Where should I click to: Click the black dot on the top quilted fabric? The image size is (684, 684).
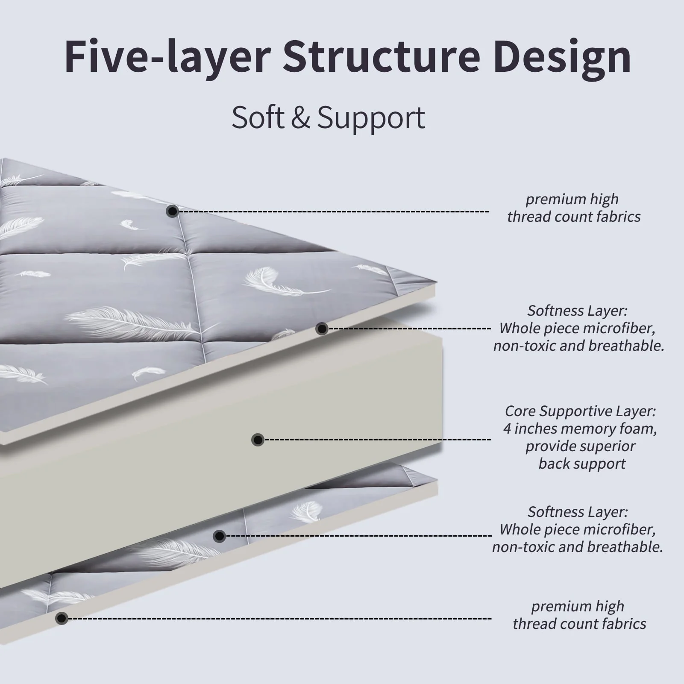coord(172,211)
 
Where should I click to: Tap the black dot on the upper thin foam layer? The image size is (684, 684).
coord(322,329)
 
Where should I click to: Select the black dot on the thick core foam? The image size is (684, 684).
coord(258,440)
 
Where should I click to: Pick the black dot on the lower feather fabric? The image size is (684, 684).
coord(219,536)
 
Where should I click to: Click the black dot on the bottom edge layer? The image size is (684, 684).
coord(62,618)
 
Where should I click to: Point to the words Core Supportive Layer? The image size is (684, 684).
coord(580,411)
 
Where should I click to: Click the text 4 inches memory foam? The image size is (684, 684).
coord(580,429)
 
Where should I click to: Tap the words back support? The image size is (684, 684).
coord(581,464)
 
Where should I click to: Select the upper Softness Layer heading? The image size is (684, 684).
coord(577,311)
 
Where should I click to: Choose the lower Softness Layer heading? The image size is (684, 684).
coord(577,512)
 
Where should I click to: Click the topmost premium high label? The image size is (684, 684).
coord(572,199)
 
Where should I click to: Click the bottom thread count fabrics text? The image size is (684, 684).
coord(579,624)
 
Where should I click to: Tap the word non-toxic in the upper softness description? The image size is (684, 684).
coord(524,346)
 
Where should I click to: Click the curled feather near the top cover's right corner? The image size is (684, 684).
coord(273,280)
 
